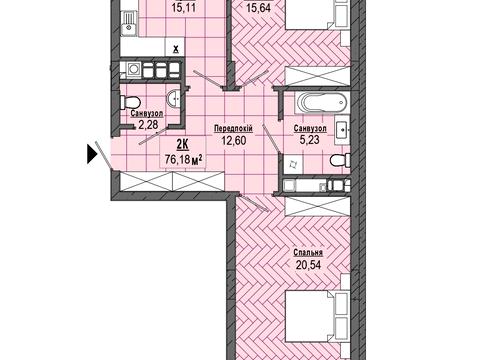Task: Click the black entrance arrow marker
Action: pos(92,154)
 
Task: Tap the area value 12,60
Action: pos(234,140)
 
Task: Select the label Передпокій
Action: pos(233,129)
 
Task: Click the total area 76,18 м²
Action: pos(184,159)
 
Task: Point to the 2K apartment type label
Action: pos(182,145)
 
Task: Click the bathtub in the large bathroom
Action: pos(321,102)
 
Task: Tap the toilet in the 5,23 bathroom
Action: pos(340,160)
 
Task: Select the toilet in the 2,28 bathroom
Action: pos(130,102)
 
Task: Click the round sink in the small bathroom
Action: pos(174,99)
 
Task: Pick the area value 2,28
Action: pos(148,125)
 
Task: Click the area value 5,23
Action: pos(310,140)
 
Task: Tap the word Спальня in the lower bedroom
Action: pos(308,253)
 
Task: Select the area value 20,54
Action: pos(308,265)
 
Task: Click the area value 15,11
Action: pos(184,8)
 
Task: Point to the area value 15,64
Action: pos(258,8)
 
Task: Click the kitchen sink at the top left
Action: pos(129,23)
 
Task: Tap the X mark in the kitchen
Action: pos(176,50)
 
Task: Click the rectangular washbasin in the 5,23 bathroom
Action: pos(342,130)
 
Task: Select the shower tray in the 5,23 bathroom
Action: pos(293,164)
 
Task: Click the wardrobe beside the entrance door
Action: pos(171,181)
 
